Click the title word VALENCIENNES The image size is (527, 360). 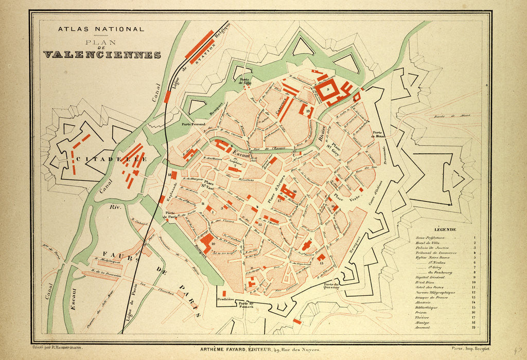tap(102, 55)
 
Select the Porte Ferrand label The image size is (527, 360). tap(193, 124)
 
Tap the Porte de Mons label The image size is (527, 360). tap(379, 134)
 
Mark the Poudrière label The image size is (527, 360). tap(225, 298)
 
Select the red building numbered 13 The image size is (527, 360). tap(321, 258)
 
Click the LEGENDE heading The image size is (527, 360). tap(444, 229)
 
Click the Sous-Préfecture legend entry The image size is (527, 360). tap(430, 239)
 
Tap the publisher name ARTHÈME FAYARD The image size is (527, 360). tap(227, 349)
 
